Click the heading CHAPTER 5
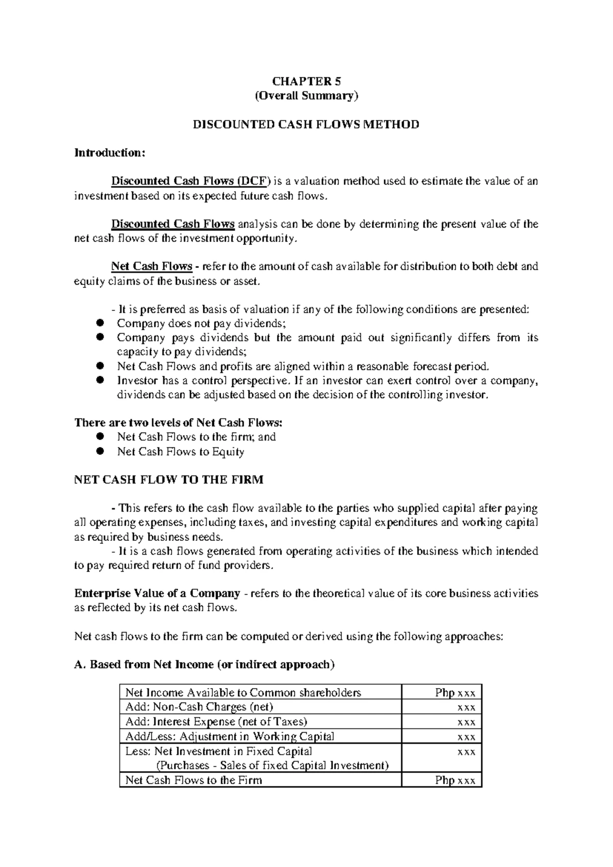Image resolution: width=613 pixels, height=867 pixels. coord(306,81)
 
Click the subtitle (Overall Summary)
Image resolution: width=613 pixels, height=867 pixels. coord(306,96)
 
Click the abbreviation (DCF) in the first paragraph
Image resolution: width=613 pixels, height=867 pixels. coord(252,181)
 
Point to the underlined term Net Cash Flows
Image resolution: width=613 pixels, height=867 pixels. coord(152,266)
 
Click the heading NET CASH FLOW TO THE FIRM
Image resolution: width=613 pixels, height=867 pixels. coord(169,480)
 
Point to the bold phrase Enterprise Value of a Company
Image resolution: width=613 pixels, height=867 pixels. coord(157,594)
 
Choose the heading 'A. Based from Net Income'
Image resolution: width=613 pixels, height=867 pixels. coord(205,665)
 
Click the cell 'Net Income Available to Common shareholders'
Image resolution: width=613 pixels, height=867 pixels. coord(243,693)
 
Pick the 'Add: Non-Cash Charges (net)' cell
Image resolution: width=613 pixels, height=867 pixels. coord(199,707)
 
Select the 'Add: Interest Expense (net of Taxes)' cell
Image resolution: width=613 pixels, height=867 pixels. coord(216,722)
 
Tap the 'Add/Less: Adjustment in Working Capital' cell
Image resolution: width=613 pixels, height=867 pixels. coord(230,737)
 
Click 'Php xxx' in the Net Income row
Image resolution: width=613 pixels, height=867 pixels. coord(455,693)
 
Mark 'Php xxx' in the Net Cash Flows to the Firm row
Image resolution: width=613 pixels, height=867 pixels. coord(455,780)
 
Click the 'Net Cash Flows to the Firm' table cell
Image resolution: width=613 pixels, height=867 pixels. coord(194,780)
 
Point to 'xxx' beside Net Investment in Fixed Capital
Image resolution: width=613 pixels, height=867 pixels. coord(466,751)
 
